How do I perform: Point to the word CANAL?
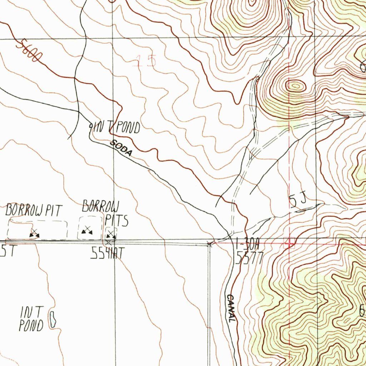pos(231,308)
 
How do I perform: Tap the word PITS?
pos(117,221)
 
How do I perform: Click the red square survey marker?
pos(289,243)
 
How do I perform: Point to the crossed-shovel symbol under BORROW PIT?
pos(34,233)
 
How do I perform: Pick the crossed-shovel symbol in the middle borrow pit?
pos(86,231)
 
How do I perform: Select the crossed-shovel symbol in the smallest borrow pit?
pos(112,234)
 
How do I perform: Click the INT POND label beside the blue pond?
pos(32,318)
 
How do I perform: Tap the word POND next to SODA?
pos(127,128)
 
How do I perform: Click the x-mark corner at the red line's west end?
pos(210,244)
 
